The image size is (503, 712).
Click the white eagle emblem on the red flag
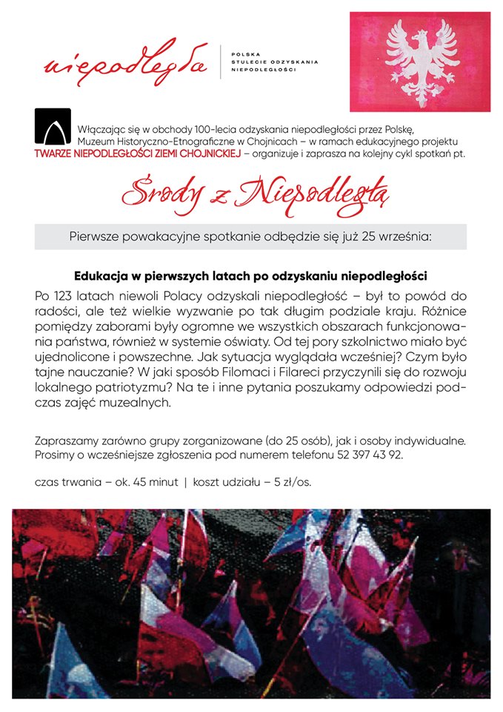coord(421,62)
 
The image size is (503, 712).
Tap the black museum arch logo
coord(53,126)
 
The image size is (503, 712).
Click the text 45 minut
coord(154,482)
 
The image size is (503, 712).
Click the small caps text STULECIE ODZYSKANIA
coord(275,62)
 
